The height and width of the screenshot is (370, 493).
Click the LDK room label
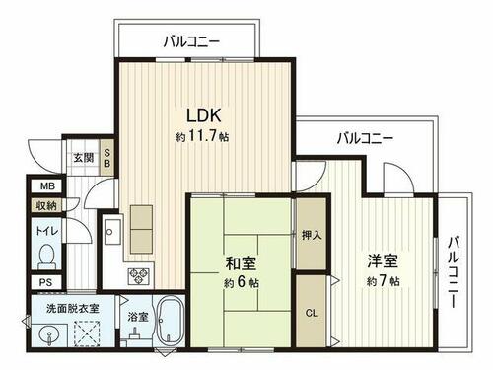[203, 115]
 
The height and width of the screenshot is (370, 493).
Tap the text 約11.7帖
[202, 136]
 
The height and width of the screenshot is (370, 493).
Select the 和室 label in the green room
[241, 263]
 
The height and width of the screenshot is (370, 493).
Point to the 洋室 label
[383, 260]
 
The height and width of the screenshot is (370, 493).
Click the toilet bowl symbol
[46, 257]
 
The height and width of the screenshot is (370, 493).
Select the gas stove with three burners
[138, 276]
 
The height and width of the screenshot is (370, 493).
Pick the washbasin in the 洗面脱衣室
[49, 335]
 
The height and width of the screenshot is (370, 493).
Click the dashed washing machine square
[87, 333]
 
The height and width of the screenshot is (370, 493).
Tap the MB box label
[47, 186]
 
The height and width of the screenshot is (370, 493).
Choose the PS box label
[46, 282]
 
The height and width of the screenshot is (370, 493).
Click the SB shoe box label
[107, 158]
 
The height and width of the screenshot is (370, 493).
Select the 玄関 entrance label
[83, 158]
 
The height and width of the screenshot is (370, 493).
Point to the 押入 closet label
[312, 235]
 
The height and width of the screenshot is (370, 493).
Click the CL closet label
[312, 313]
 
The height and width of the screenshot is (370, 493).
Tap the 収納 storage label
[46, 206]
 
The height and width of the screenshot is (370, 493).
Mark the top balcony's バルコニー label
[191, 42]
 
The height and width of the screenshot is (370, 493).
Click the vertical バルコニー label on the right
[454, 271]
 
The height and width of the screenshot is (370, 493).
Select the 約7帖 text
[384, 281]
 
